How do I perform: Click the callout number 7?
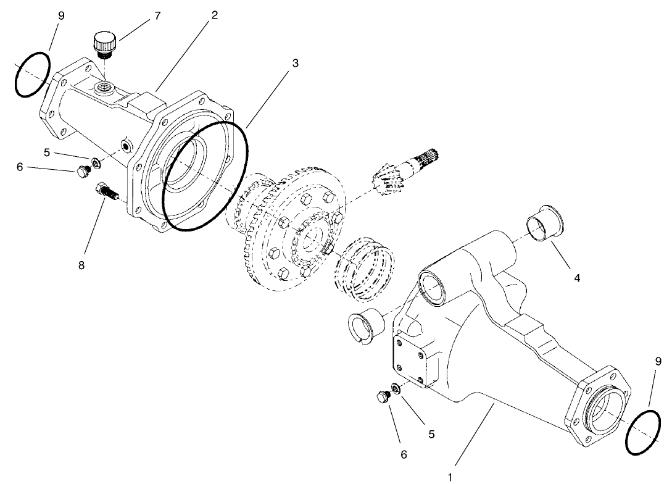[157, 15]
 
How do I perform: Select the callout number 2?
[214, 14]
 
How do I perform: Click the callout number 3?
[296, 64]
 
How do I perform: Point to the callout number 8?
[81, 265]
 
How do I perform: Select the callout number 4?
[576, 278]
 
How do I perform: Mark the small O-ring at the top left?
[32, 74]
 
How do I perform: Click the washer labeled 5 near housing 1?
[396, 390]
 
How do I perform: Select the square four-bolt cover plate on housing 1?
[411, 360]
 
